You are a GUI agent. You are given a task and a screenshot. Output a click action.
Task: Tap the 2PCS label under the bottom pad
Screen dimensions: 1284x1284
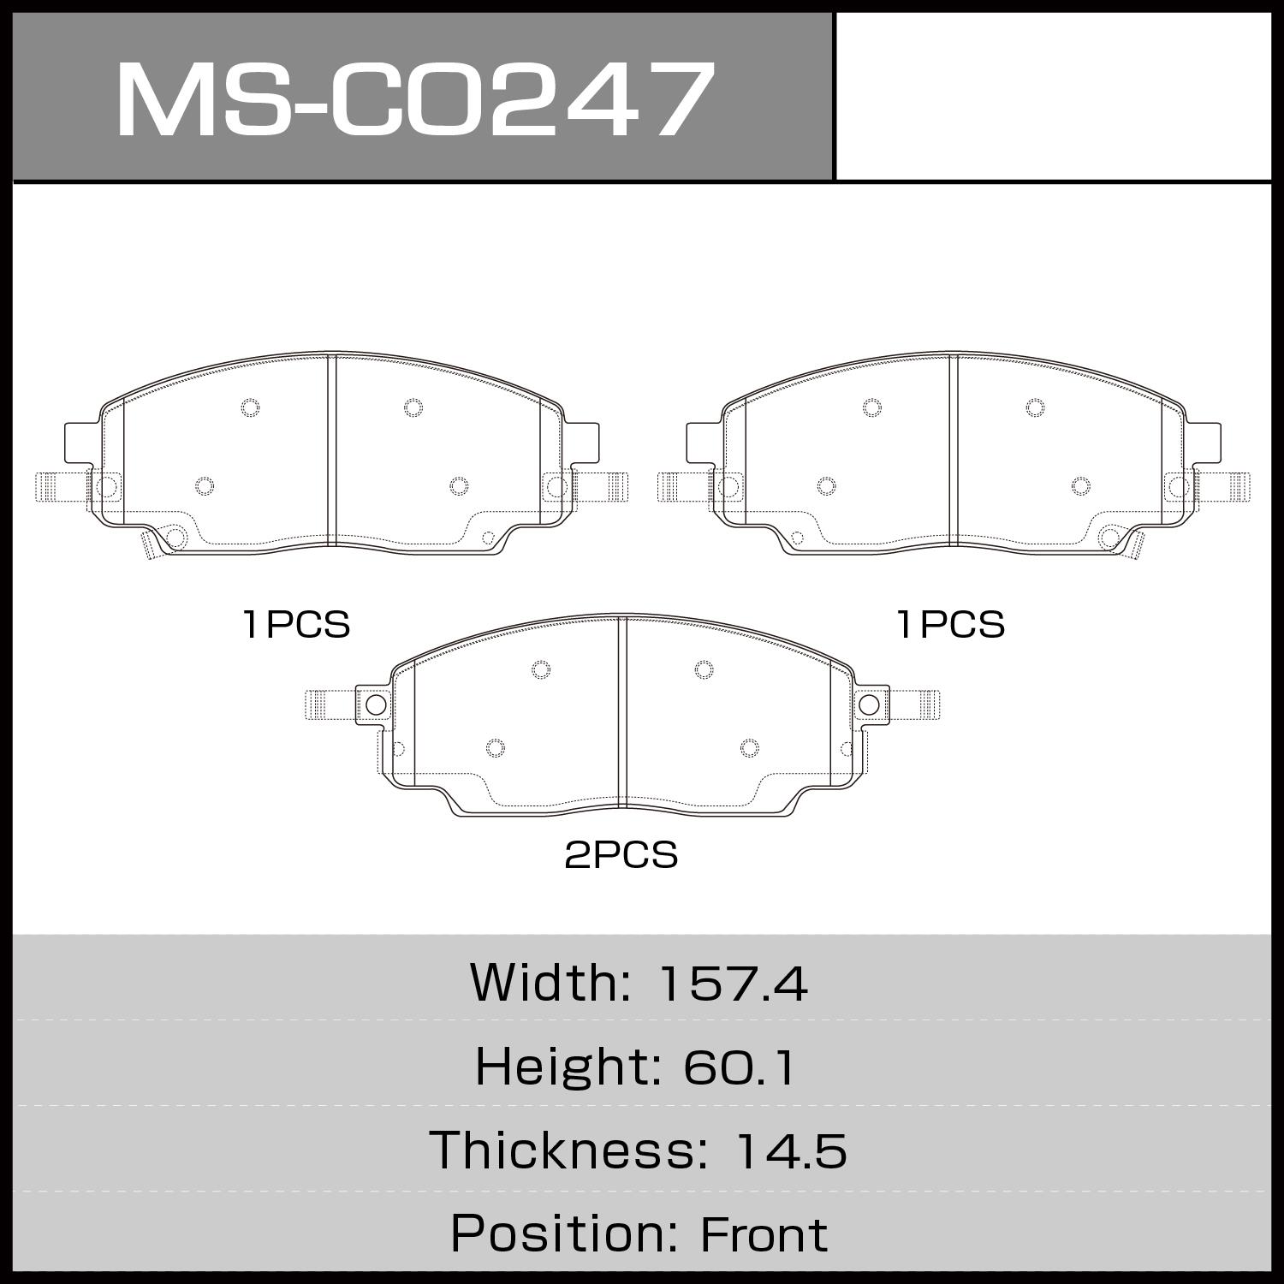point(621,855)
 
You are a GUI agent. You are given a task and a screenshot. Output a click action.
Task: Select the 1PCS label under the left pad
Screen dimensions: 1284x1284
point(297,625)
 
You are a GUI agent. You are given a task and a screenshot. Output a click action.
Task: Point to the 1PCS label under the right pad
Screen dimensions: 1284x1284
point(951,625)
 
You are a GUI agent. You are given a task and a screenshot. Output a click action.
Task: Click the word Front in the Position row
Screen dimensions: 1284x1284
point(764,1234)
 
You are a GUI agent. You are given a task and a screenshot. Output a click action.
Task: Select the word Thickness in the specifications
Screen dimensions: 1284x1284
point(564,1150)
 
